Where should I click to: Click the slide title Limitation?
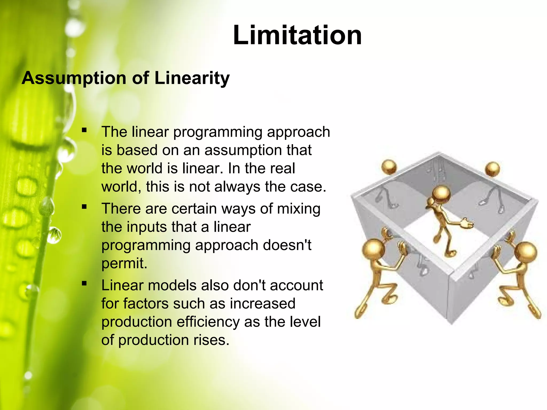[x=297, y=35]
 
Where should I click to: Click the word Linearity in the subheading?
[x=192, y=78]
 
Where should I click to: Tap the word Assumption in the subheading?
[x=74, y=78]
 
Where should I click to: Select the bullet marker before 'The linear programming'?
[x=84, y=130]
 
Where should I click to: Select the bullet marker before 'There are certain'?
[x=84, y=207]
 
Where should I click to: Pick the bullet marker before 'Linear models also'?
[x=84, y=283]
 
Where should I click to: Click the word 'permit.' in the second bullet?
[x=124, y=263]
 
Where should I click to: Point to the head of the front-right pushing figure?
[x=525, y=252]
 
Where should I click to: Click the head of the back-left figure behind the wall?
[x=389, y=167]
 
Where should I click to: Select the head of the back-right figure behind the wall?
[x=492, y=169]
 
